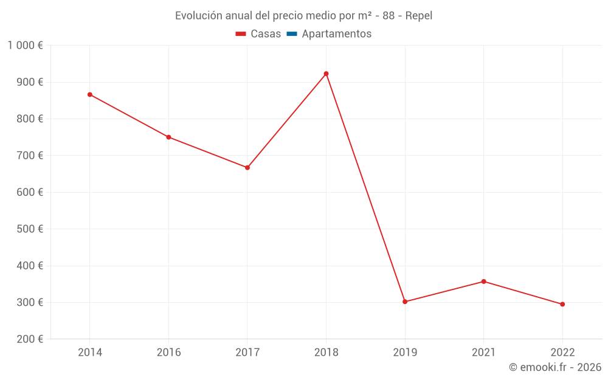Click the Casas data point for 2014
tap(90, 95)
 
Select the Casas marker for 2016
tap(168, 137)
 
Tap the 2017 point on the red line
tap(247, 168)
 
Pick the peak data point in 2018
tap(326, 74)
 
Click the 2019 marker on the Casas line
tap(405, 302)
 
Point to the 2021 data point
tap(483, 282)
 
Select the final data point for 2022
tap(562, 304)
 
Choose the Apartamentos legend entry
tap(336, 34)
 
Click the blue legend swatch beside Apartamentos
tap(291, 34)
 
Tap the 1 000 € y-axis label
tap(25, 46)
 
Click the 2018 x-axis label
tap(326, 352)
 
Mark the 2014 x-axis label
tap(90, 352)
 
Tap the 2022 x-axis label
tap(562, 352)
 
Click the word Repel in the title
tap(419, 16)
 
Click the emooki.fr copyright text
tap(555, 367)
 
